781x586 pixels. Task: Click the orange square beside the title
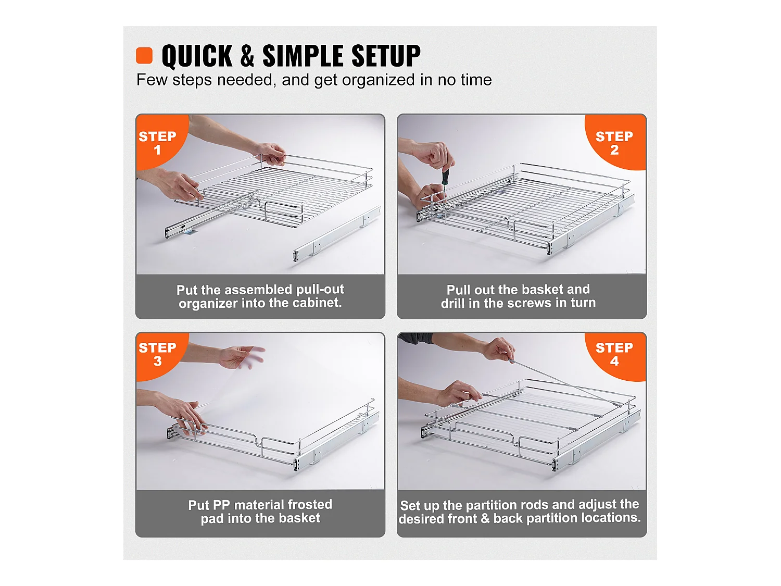tap(144, 55)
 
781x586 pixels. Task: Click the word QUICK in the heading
tap(197, 56)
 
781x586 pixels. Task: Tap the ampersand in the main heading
tap(247, 56)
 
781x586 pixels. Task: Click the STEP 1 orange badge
tap(157, 142)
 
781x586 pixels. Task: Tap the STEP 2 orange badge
tap(614, 142)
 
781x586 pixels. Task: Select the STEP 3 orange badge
tap(157, 354)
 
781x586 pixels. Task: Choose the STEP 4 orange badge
tap(614, 354)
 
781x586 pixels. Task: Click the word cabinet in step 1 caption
tap(319, 303)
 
